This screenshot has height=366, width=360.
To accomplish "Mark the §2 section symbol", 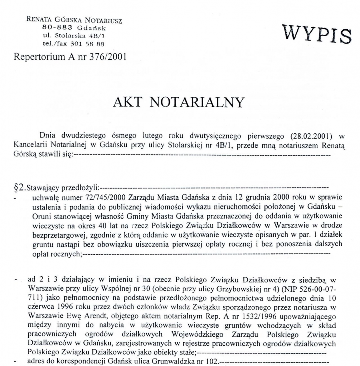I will point(17,187).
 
